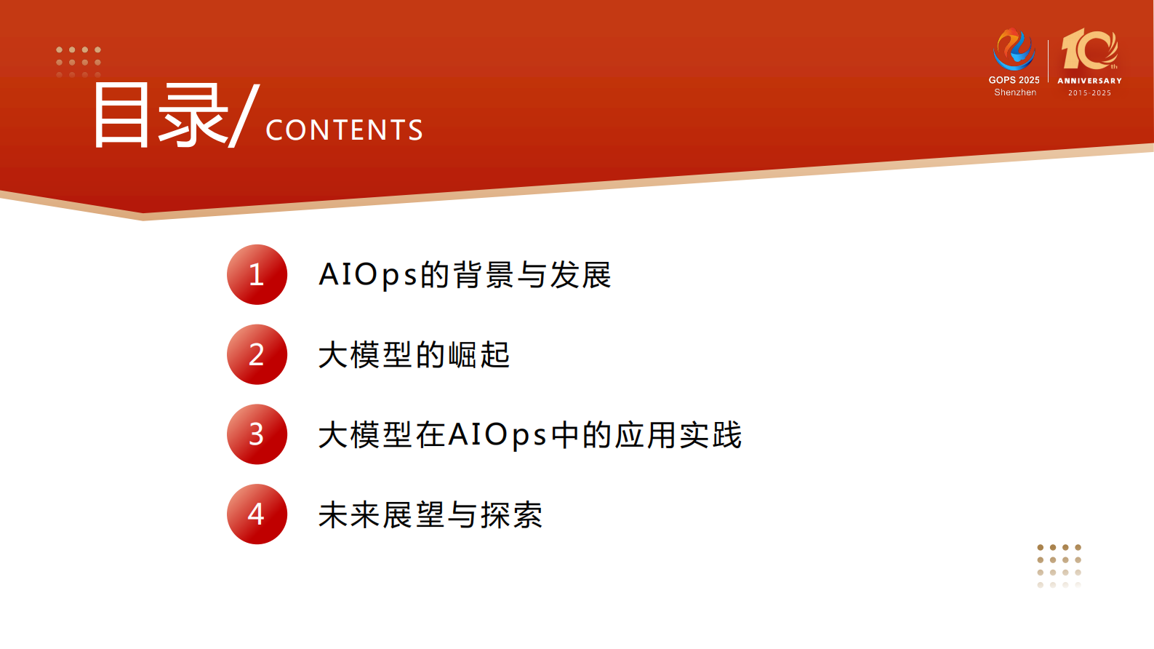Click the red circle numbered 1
pos(257,274)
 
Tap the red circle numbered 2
pos(257,354)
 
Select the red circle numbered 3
pos(257,434)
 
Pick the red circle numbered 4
pos(257,514)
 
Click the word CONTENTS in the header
pos(344,130)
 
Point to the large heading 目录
pos(160,115)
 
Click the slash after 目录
pos(244,115)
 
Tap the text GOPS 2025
pos(1014,80)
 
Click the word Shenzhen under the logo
pos(1015,92)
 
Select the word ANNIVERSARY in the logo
pos(1089,81)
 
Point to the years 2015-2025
pos(1089,93)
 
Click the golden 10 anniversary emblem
pos(1089,49)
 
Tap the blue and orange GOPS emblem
pos(1014,49)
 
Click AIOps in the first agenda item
pos(368,275)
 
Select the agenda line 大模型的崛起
pos(414,355)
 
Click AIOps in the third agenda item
pos(497,435)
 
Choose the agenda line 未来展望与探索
pos(430,515)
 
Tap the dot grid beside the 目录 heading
pos(79,62)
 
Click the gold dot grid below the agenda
pos(1059,565)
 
